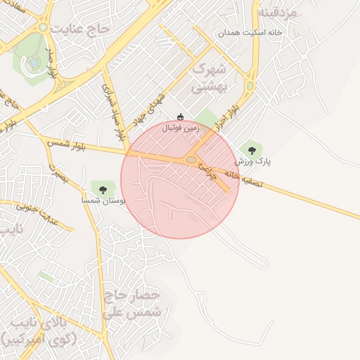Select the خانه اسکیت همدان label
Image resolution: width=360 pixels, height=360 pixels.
[250, 33]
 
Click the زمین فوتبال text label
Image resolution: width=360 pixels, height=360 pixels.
[181, 129]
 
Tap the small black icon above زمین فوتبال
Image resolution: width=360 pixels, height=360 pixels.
[181, 117]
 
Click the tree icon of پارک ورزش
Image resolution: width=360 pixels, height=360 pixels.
[251, 149]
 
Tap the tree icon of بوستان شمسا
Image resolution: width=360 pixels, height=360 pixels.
[103, 188]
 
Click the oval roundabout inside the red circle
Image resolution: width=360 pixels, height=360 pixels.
[191, 161]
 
